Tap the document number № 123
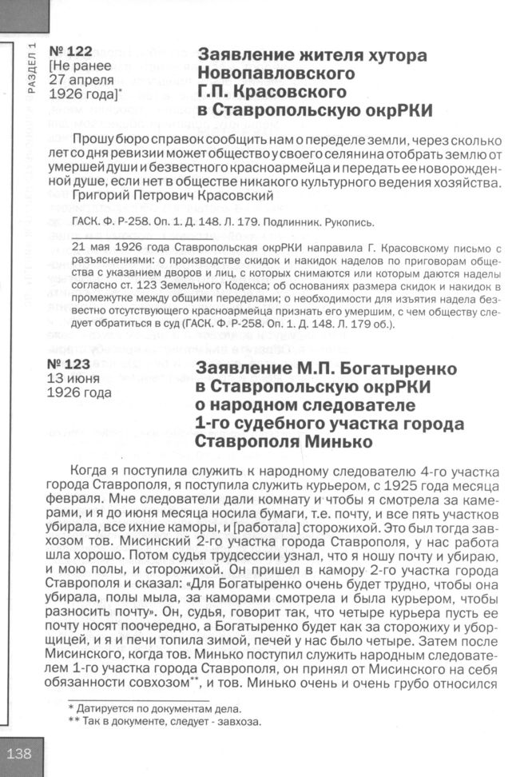coord(69,364)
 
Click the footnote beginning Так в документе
coord(171,722)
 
